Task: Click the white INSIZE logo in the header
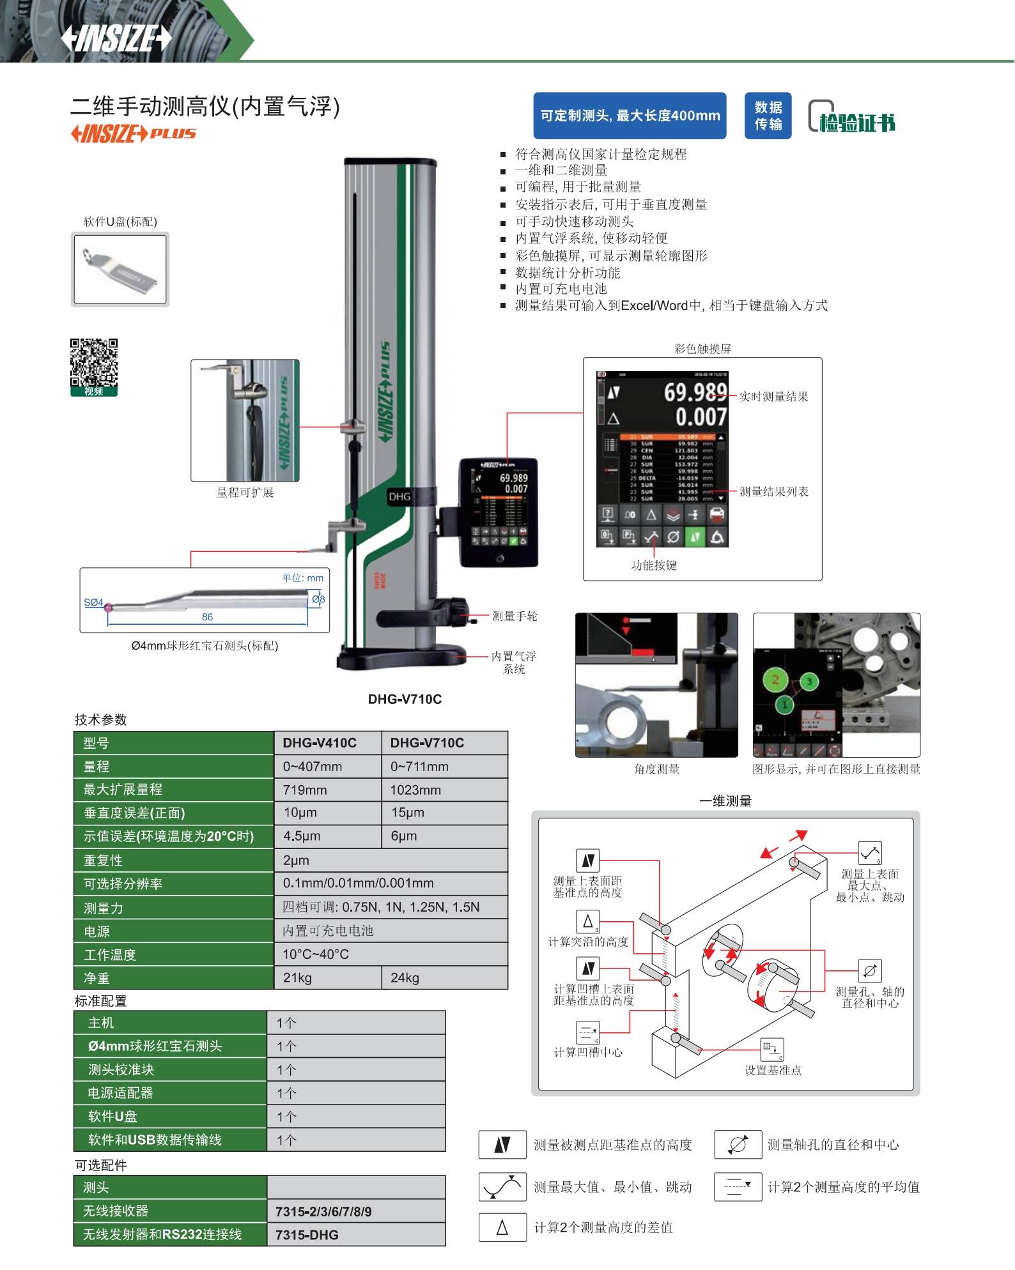click(116, 38)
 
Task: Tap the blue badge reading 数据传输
click(768, 116)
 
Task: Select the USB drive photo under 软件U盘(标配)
click(120, 269)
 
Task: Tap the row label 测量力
click(104, 908)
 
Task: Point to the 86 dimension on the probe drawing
click(207, 617)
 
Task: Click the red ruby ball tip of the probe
click(108, 607)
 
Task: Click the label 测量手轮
click(515, 616)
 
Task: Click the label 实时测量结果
click(773, 397)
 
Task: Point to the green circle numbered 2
click(775, 680)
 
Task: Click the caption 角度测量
click(656, 769)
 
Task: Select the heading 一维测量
click(725, 801)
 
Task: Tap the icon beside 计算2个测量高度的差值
click(502, 1227)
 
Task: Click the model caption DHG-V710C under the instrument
click(405, 699)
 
